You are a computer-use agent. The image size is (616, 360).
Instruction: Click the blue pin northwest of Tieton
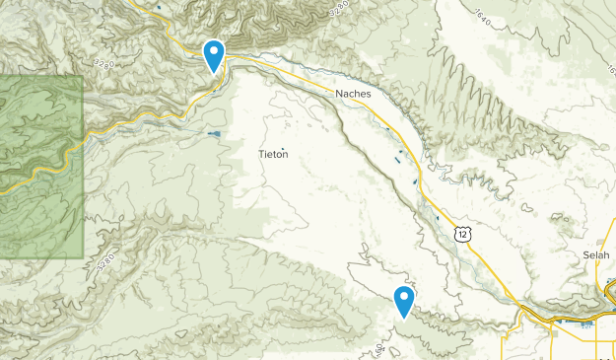pyautogui.click(x=213, y=53)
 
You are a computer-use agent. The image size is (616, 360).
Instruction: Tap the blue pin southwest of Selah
pyautogui.click(x=403, y=300)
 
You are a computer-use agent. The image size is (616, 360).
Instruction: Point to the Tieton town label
pyautogui.click(x=274, y=154)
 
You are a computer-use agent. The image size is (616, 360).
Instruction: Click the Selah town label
pyautogui.click(x=596, y=254)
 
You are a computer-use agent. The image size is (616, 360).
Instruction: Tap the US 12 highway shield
pyautogui.click(x=462, y=233)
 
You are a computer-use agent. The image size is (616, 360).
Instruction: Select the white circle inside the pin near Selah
pyautogui.click(x=403, y=297)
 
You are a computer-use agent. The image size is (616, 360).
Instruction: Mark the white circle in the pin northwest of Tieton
pyautogui.click(x=213, y=50)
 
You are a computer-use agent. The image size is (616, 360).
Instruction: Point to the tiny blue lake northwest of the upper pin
pyautogui.click(x=159, y=10)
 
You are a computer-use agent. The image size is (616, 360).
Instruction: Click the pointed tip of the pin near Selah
pyautogui.click(x=403, y=318)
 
